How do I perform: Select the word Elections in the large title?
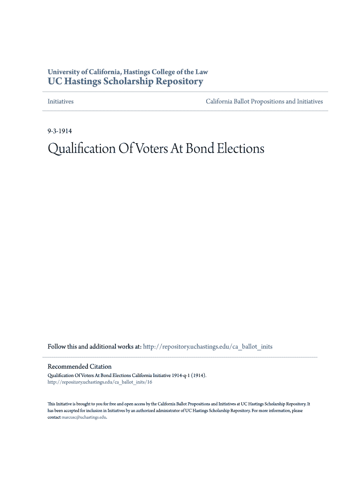click(x=243, y=149)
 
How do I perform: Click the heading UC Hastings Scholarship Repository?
click(x=125, y=81)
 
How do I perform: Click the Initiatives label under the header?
click(x=61, y=102)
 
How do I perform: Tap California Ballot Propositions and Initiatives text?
click(x=264, y=102)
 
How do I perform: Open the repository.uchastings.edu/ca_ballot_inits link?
click(x=208, y=347)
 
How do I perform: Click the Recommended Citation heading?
click(x=79, y=366)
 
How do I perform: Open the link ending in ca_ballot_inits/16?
click(x=100, y=382)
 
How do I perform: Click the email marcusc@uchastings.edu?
click(x=84, y=417)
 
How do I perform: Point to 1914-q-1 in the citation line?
click(x=180, y=375)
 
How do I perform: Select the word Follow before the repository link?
click(x=57, y=347)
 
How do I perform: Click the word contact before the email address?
click(x=54, y=417)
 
